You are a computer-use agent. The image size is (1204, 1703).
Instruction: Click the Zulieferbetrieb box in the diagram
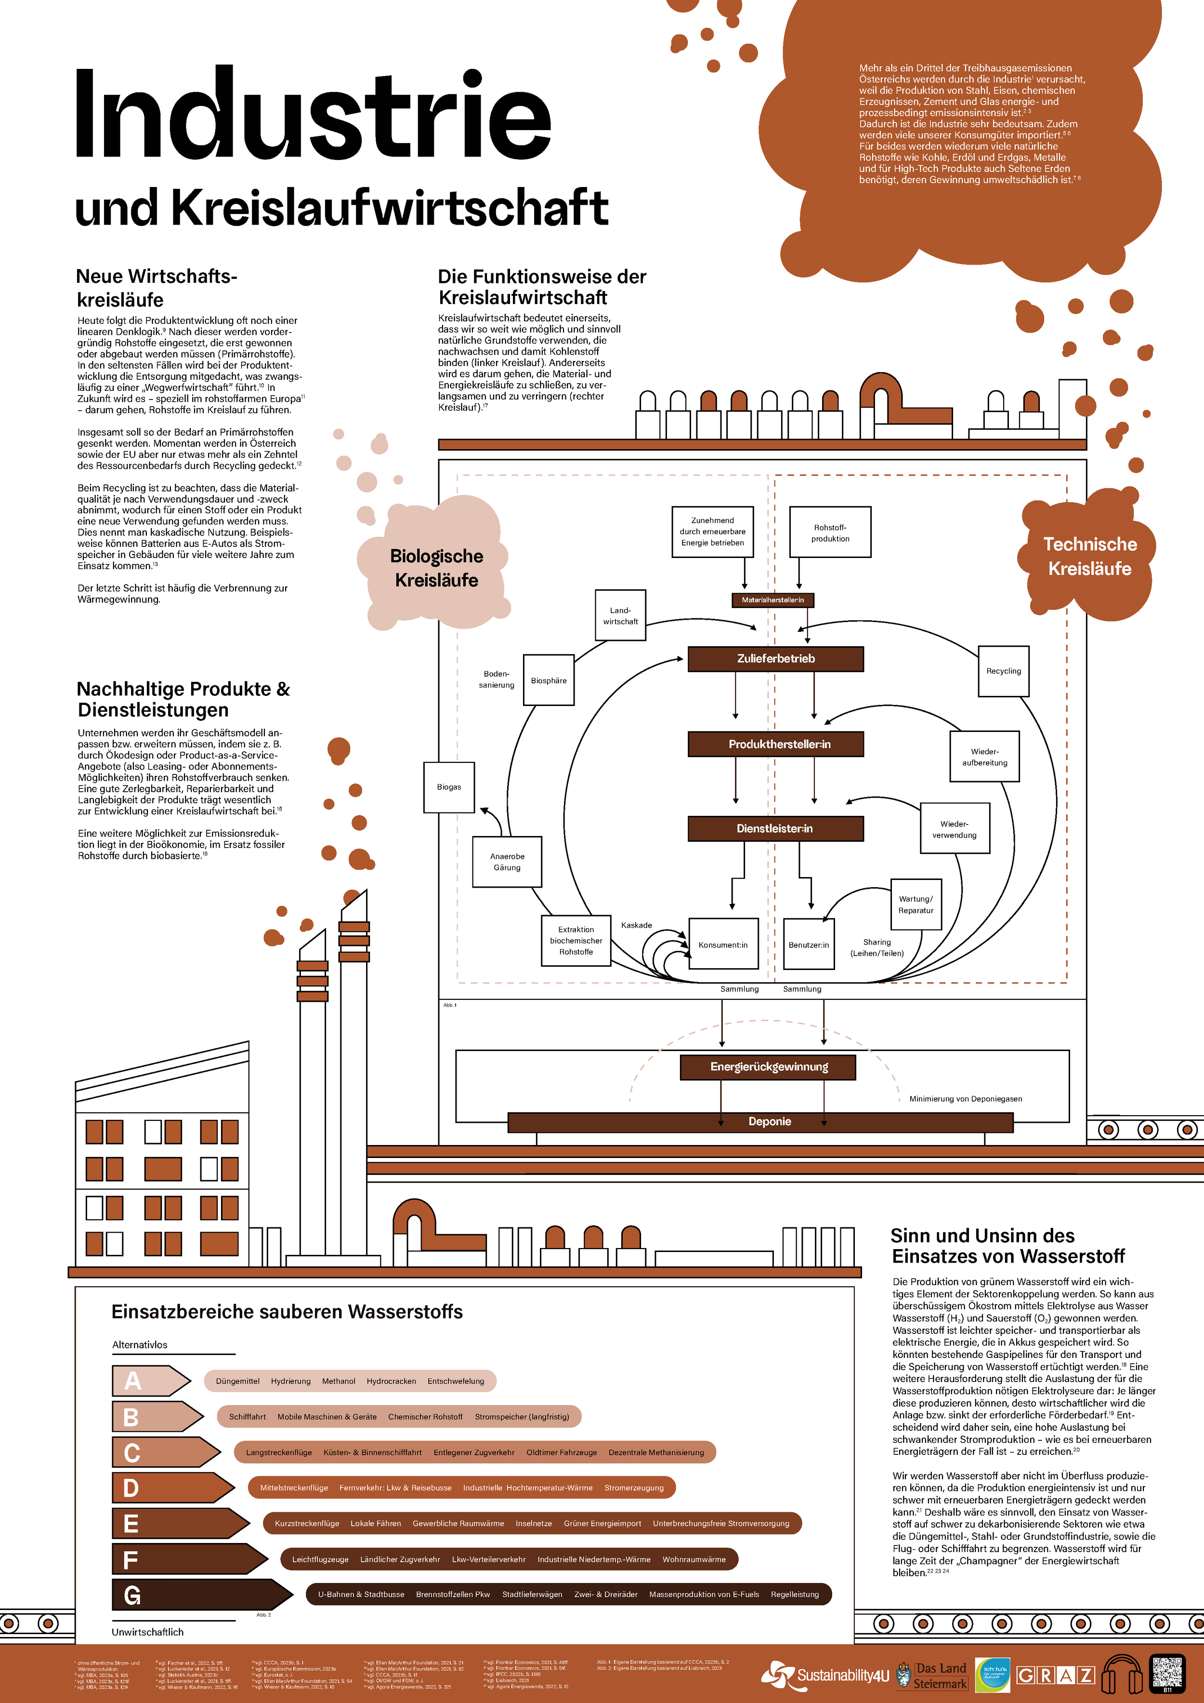(775, 659)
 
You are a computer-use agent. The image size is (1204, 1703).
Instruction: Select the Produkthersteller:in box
(775, 744)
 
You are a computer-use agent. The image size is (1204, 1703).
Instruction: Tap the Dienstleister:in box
(775, 828)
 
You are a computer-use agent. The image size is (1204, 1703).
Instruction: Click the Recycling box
(1003, 671)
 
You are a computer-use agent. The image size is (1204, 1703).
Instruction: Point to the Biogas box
(448, 787)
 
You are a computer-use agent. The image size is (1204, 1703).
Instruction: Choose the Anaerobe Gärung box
(507, 862)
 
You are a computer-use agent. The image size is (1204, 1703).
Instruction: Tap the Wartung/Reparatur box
(916, 905)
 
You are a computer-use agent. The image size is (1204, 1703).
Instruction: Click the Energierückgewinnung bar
(768, 1066)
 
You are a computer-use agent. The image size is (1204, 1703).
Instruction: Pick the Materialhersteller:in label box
(772, 600)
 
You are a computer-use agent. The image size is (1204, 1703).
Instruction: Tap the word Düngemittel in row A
(237, 1381)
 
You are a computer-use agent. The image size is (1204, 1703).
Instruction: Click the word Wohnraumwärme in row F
(694, 1559)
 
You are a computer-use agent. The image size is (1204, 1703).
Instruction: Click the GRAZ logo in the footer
(1055, 1676)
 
